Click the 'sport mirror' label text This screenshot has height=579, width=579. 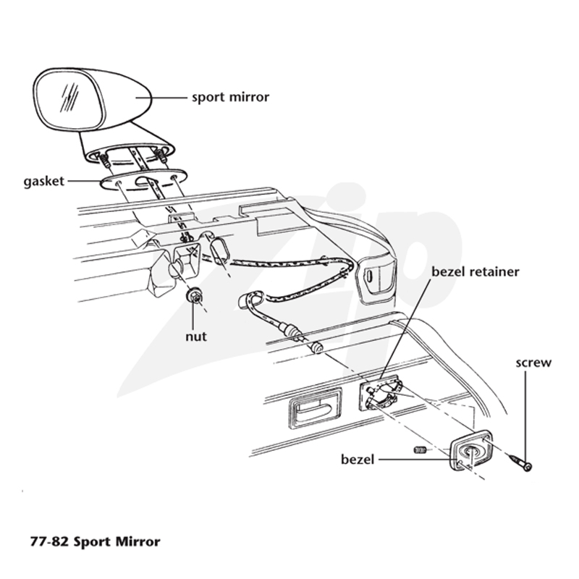[230, 98]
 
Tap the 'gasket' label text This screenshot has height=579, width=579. [44, 182]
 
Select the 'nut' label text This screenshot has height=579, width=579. [196, 337]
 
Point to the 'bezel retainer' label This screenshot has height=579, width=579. [476, 272]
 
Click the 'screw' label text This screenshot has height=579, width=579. [533, 363]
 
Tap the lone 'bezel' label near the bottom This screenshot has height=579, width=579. [358, 460]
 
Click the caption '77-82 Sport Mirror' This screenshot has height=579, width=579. [96, 541]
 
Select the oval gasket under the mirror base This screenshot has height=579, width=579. [144, 179]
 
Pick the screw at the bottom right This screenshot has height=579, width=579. [520, 462]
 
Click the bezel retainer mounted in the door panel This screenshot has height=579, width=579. [380, 395]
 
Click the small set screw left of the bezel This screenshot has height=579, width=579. [420, 449]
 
